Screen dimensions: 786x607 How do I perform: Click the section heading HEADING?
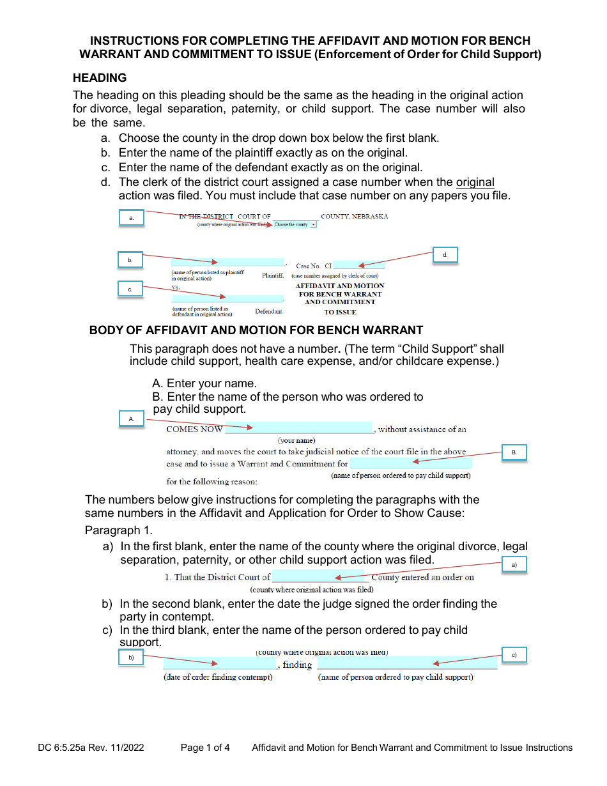[100, 78]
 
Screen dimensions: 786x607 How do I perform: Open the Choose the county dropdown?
[295, 225]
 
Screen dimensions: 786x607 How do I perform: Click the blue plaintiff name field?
[227, 263]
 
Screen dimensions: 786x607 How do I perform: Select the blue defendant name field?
[227, 298]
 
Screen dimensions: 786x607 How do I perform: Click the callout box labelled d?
[445, 255]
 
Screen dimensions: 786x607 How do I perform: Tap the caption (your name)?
[296, 440]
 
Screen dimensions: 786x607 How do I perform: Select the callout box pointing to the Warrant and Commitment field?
[514, 452]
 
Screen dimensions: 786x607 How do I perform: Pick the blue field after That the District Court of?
[320, 577]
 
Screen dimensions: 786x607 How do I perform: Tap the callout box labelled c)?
[514, 656]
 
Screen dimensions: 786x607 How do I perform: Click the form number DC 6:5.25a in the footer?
[68, 748]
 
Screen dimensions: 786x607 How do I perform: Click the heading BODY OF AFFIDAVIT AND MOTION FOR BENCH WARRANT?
[256, 330]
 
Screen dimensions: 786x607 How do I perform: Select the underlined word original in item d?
[475, 182]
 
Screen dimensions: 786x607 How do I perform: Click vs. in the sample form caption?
[176, 288]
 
